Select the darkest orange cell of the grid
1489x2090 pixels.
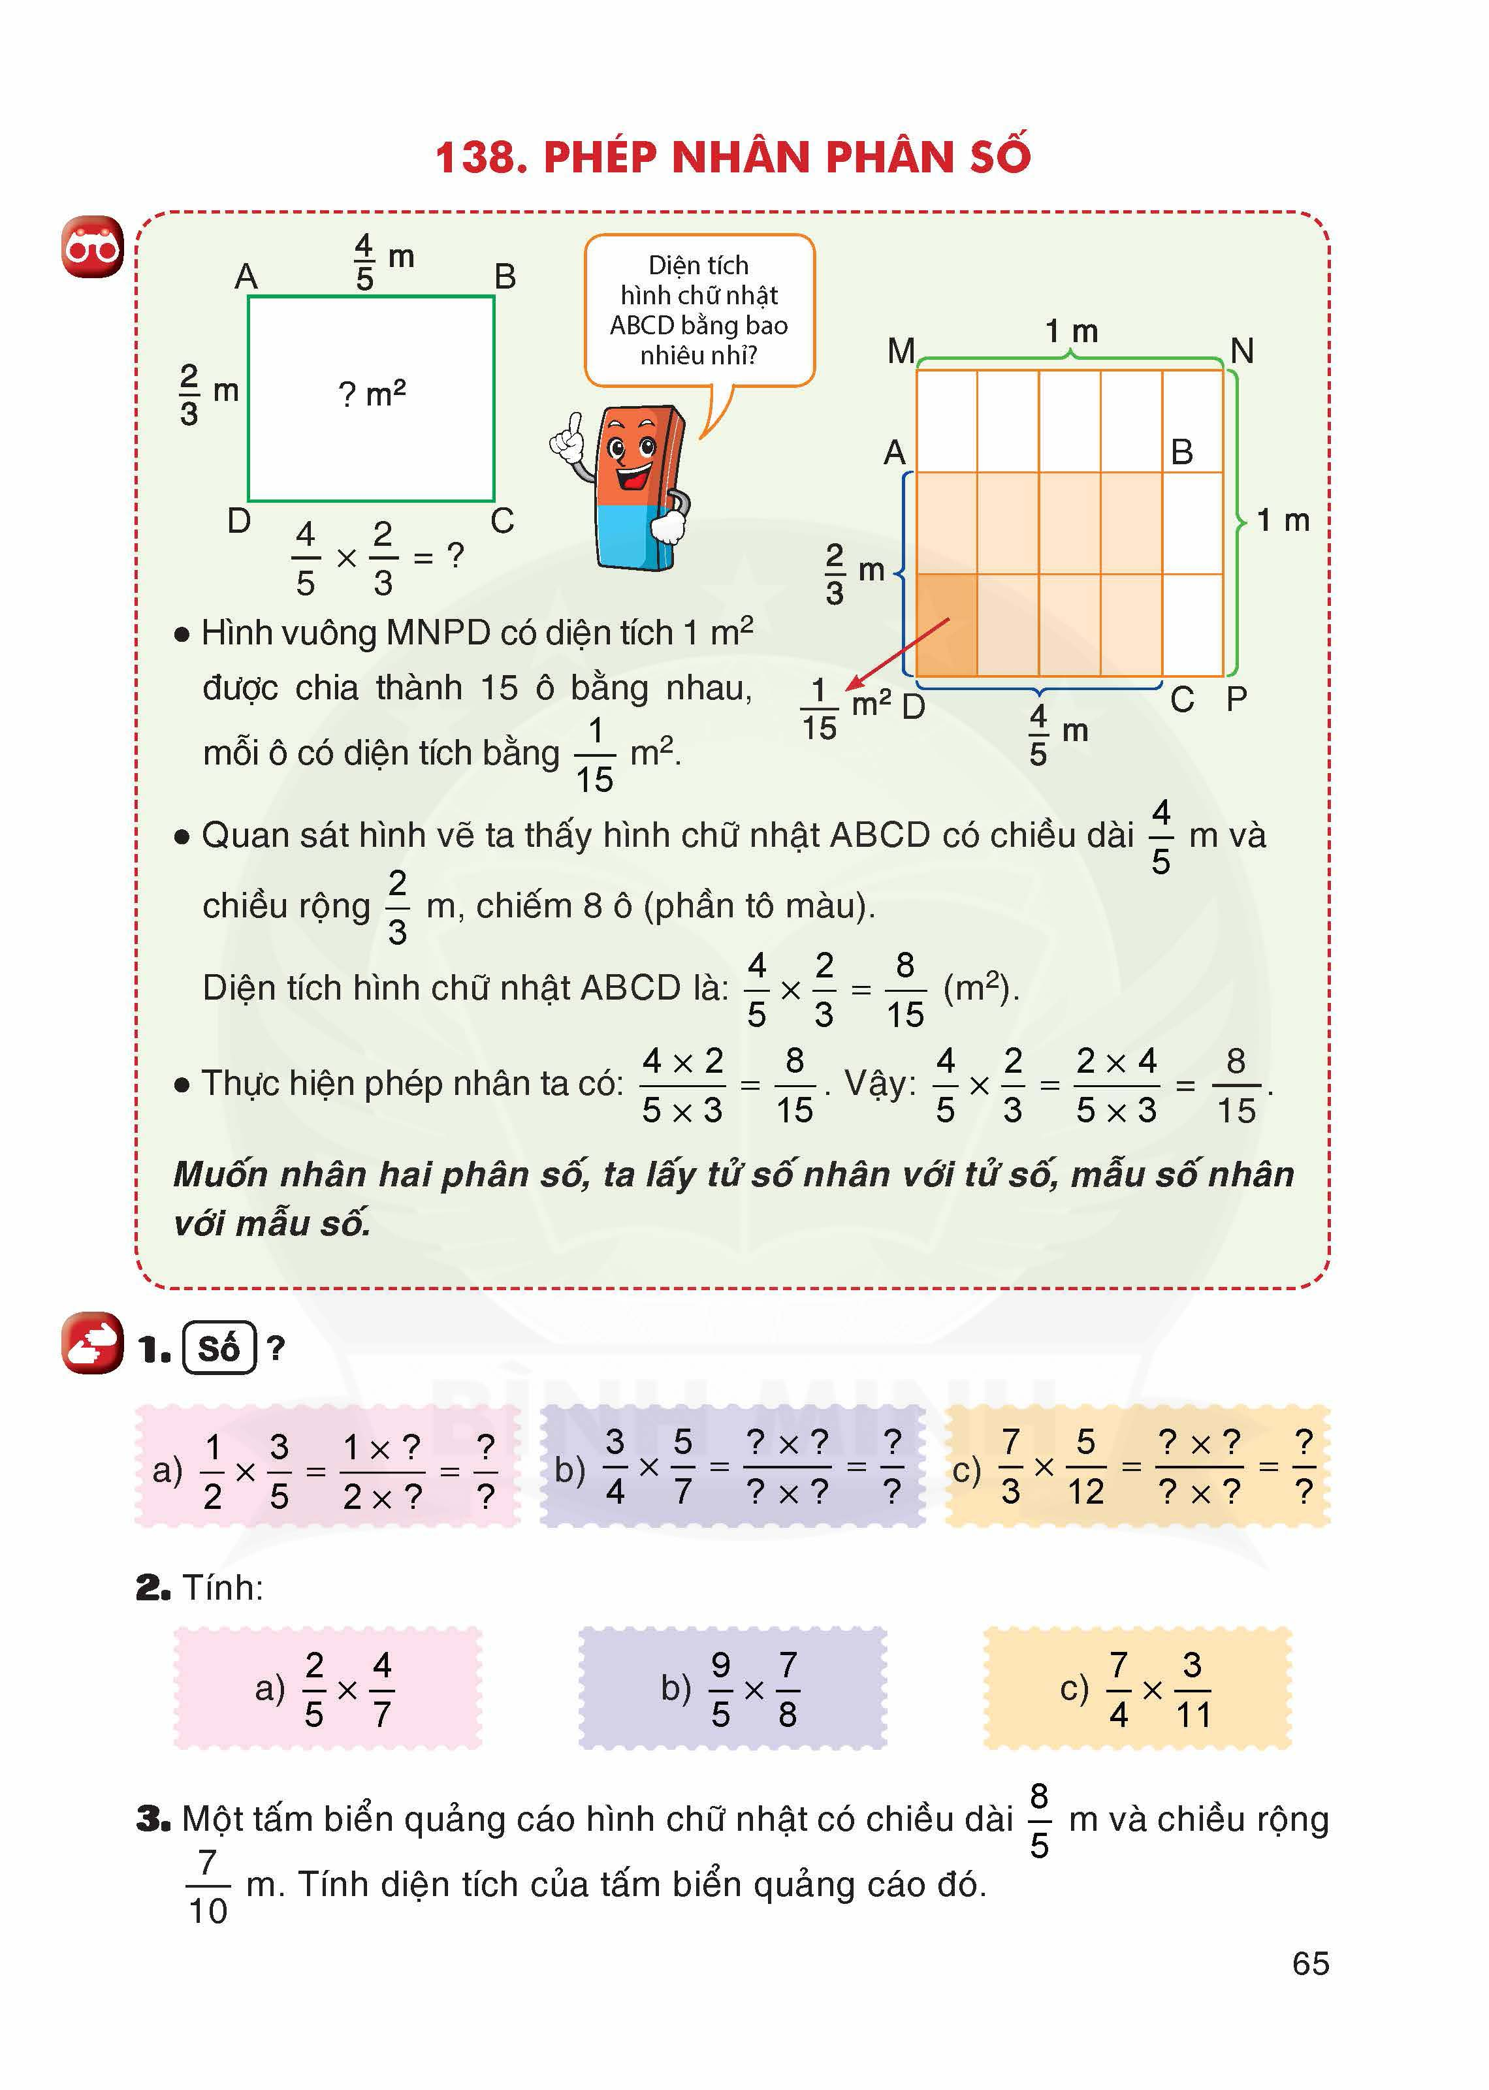coord(946,624)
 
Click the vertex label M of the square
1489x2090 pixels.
coord(901,350)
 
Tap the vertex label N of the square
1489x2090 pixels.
coord(1241,350)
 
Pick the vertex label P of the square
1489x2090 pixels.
coord(1236,699)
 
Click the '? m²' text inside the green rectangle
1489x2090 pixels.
coord(372,394)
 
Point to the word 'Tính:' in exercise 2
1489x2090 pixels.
coord(223,1587)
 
